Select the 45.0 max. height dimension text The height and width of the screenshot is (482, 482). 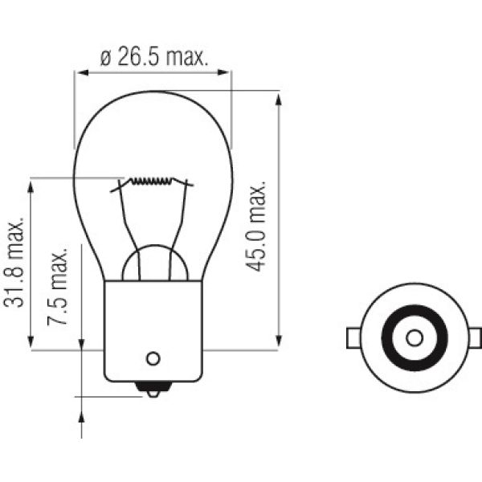click(257, 226)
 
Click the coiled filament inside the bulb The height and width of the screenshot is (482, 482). click(153, 181)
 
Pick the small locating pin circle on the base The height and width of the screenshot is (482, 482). click(153, 358)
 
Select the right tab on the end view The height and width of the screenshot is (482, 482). click(475, 337)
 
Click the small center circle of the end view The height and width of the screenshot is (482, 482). click(414, 337)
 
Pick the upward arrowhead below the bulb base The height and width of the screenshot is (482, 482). click(82, 415)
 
